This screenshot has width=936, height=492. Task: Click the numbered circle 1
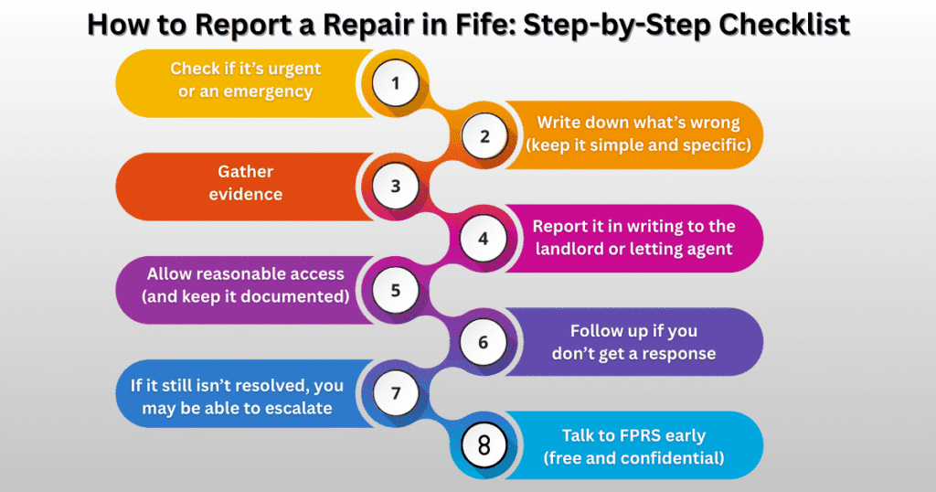tap(396, 83)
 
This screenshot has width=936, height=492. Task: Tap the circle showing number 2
tap(484, 136)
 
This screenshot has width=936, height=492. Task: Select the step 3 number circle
tap(396, 187)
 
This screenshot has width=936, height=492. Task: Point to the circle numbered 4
tap(484, 239)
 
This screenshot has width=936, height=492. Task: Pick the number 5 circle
tap(396, 291)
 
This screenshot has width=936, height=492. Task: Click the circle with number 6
tap(484, 342)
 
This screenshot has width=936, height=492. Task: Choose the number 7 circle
tap(396, 393)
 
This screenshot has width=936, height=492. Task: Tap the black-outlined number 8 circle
tap(484, 445)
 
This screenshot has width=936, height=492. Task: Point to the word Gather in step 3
tap(245, 171)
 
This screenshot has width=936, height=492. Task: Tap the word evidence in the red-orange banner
tap(245, 194)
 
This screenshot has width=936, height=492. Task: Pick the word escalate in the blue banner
tap(292, 408)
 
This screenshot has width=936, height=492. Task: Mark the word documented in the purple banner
tap(296, 295)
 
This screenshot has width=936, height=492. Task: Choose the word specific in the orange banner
tap(704, 144)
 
